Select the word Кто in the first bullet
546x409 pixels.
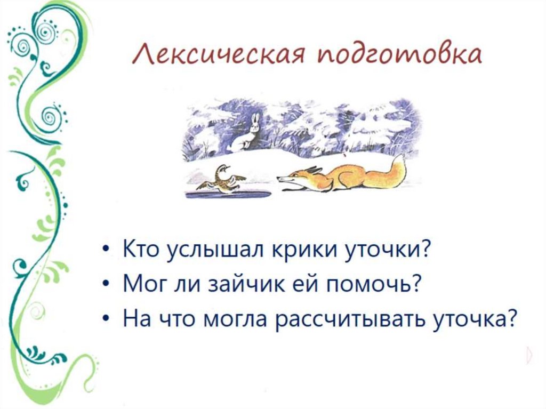(140, 250)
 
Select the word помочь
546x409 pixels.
(366, 284)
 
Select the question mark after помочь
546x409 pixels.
(411, 284)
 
